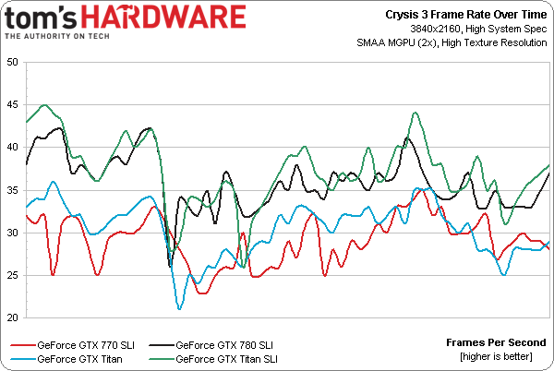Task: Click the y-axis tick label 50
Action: tap(12, 62)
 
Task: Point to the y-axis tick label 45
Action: tap(12, 104)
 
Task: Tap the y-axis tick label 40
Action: tap(12, 147)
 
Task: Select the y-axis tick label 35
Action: tap(12, 190)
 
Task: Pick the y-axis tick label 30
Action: tap(12, 233)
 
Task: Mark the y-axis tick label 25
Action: tap(12, 275)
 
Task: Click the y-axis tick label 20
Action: tap(12, 317)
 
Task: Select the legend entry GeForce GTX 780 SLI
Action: tap(224, 344)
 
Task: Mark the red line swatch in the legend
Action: tap(20, 344)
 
